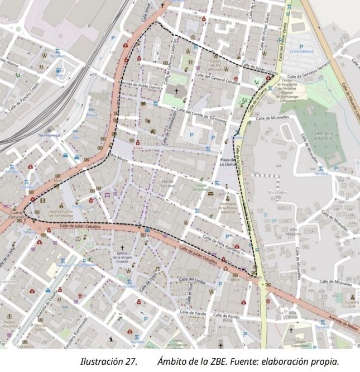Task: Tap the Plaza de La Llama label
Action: tap(228, 162)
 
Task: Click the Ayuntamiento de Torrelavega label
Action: tap(62, 214)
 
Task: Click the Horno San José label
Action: tap(168, 183)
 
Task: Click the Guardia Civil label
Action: tap(351, 304)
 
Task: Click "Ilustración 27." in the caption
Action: tap(109, 362)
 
